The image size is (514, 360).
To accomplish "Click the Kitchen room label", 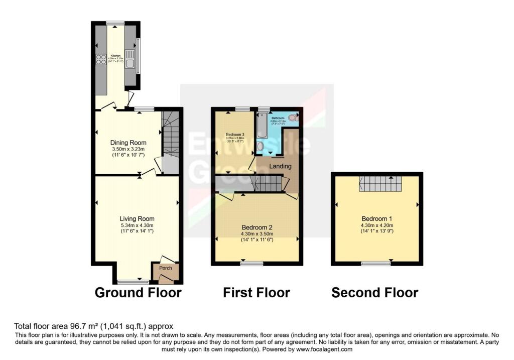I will pos(115,55).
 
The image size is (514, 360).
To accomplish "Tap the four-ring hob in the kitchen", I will pos(100,60).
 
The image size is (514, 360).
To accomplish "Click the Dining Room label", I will pos(129,143).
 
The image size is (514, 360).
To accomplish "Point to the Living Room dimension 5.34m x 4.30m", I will pos(137,225).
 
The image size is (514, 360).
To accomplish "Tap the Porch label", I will pos(165,268).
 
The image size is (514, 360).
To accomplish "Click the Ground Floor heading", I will pos(138,293).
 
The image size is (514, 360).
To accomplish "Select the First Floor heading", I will pos(256,293).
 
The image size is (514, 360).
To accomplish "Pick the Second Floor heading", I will pos(374,293).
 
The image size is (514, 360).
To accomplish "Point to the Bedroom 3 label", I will pos(235,135).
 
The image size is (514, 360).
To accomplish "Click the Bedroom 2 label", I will pos(256,226).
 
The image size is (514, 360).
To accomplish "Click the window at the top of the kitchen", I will pos(115,23).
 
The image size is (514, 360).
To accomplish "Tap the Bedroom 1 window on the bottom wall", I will pos(376,263).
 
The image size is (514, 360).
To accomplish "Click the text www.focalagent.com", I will pos(325,349).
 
